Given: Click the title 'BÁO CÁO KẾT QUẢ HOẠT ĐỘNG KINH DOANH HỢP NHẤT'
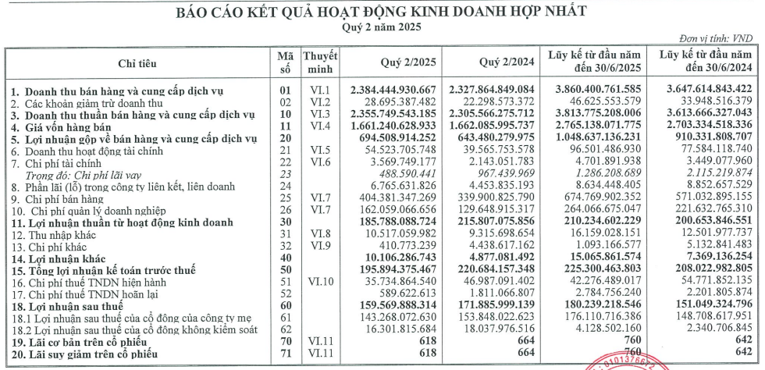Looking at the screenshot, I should point(382,12).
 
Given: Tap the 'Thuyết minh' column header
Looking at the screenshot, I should point(320,62).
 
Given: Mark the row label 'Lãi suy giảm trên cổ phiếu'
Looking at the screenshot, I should point(81,353).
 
